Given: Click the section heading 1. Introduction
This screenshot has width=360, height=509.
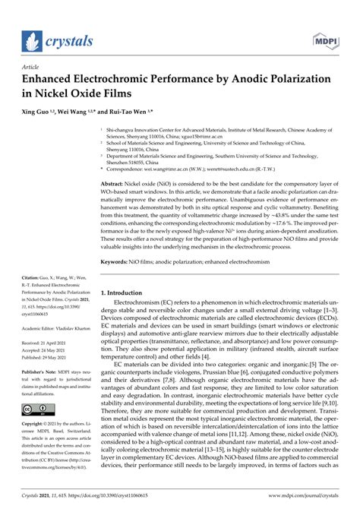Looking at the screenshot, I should click(128, 292).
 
